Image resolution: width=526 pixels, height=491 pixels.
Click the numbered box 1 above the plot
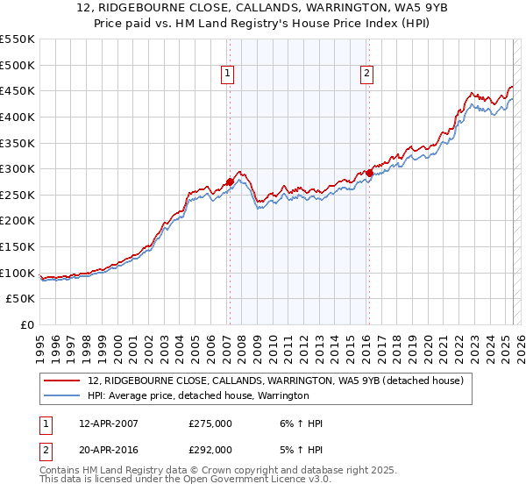click(x=227, y=75)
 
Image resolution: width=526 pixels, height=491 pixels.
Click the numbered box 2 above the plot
click(x=366, y=75)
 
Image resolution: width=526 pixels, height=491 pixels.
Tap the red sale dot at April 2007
click(x=230, y=182)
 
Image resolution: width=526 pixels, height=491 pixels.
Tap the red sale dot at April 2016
click(x=370, y=174)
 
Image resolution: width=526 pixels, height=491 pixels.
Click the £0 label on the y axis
click(x=26, y=324)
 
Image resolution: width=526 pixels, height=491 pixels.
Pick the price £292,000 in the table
click(x=210, y=449)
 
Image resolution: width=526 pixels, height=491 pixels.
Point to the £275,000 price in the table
click(x=210, y=423)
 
